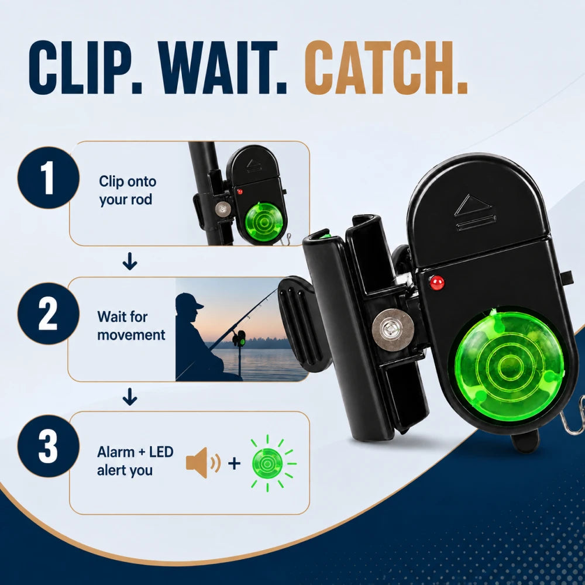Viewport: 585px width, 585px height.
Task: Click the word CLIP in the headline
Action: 85,67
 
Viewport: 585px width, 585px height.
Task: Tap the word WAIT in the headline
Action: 222,67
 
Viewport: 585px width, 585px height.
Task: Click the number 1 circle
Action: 49,178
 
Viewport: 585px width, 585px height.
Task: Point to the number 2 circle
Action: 49,314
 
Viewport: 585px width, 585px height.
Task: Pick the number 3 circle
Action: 49,446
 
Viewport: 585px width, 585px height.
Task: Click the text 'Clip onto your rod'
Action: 128,190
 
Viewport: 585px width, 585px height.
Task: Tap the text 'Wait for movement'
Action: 131,326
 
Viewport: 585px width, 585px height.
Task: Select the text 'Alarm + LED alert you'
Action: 135,461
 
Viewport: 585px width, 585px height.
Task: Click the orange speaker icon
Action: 203,463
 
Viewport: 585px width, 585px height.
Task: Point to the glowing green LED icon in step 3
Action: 267,463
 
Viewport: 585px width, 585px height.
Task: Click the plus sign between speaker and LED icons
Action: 235,463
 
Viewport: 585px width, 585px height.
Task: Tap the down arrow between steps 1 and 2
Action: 130,261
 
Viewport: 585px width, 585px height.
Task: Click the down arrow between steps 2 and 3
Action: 130,397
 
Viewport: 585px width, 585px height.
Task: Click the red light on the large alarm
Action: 436,283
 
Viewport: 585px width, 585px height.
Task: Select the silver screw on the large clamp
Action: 393,330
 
